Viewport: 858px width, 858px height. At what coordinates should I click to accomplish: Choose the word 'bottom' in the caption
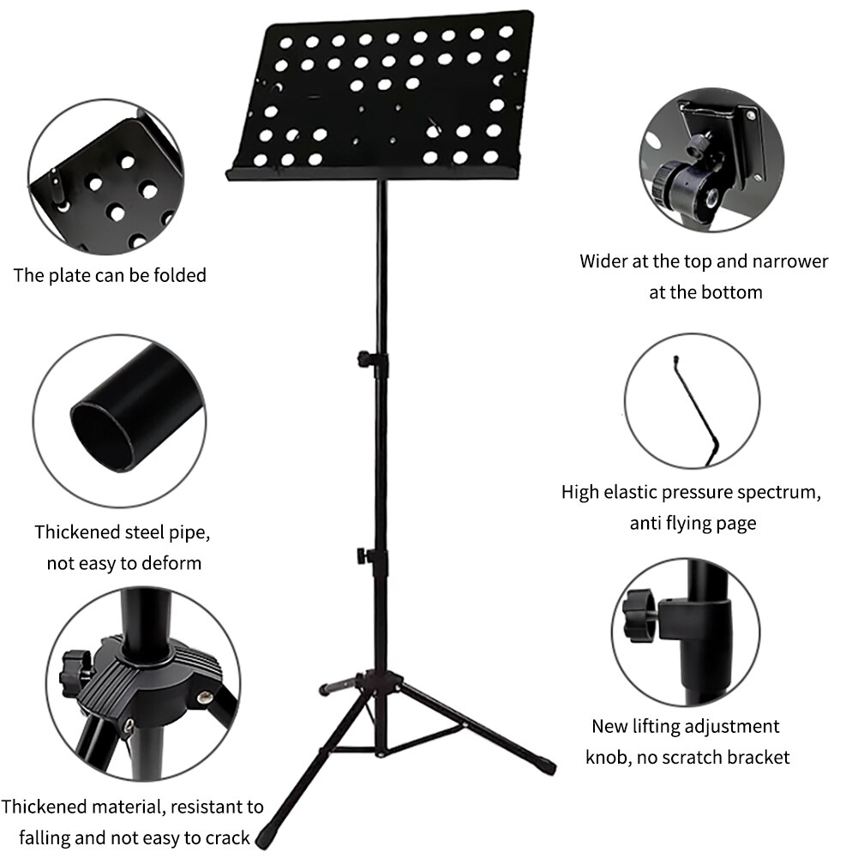(730, 291)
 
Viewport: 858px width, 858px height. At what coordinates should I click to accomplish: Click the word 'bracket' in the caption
(758, 757)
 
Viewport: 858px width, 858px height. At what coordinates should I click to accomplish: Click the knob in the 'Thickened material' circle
(75, 671)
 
